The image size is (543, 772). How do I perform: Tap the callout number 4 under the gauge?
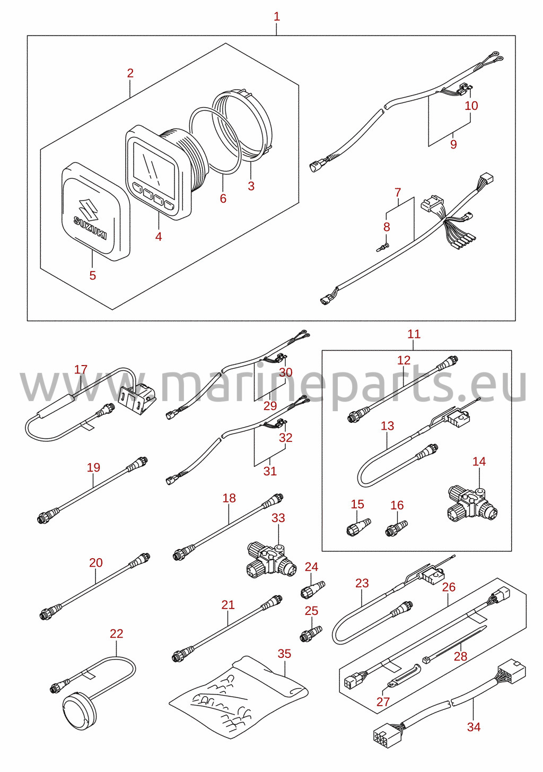pos(158,237)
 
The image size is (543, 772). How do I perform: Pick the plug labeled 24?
pos(312,591)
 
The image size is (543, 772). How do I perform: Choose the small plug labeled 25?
pos(311,634)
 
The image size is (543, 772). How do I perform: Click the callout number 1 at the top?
pos(277,16)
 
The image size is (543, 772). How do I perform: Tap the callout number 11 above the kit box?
pos(414,334)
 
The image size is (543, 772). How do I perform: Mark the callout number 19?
pos(93,467)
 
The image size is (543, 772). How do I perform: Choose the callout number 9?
pos(453,144)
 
